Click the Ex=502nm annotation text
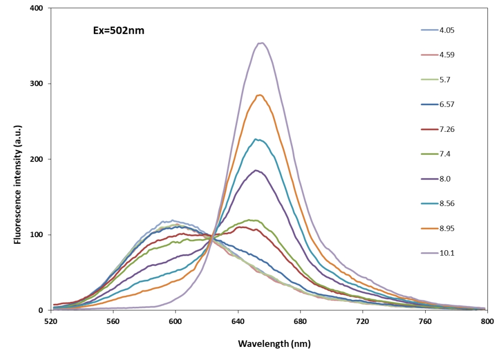coord(116,31)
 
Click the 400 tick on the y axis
coord(36,8)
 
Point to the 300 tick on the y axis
coord(36,84)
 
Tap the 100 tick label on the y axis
coord(36,235)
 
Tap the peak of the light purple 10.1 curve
coord(261,43)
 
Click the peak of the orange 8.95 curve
coord(259,95)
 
